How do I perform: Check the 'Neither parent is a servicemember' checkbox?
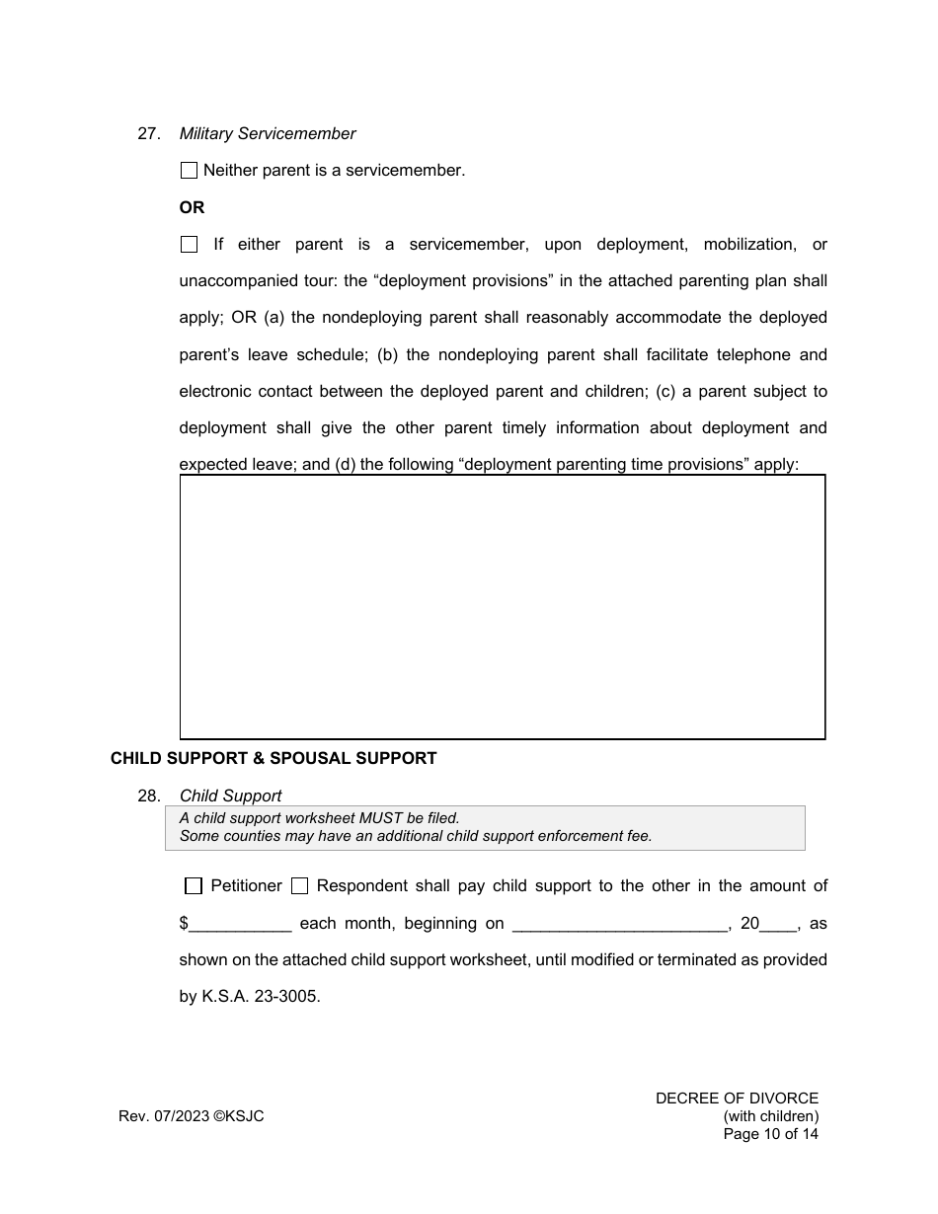coord(189,171)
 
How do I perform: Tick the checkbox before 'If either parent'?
coord(189,245)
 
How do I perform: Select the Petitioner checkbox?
coord(194,886)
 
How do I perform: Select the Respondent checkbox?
coord(299,886)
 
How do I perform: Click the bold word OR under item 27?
coord(192,208)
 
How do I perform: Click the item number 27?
coord(148,134)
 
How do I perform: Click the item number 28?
coord(148,796)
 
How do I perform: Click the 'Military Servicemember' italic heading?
coord(268,134)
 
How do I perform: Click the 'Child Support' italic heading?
coord(230,796)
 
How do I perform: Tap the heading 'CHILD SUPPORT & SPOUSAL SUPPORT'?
coord(274,758)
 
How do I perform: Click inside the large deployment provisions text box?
coord(502,607)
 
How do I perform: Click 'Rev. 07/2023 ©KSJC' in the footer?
coord(192,1116)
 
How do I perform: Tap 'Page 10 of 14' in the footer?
coord(770,1134)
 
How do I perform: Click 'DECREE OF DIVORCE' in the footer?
coord(737,1099)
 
